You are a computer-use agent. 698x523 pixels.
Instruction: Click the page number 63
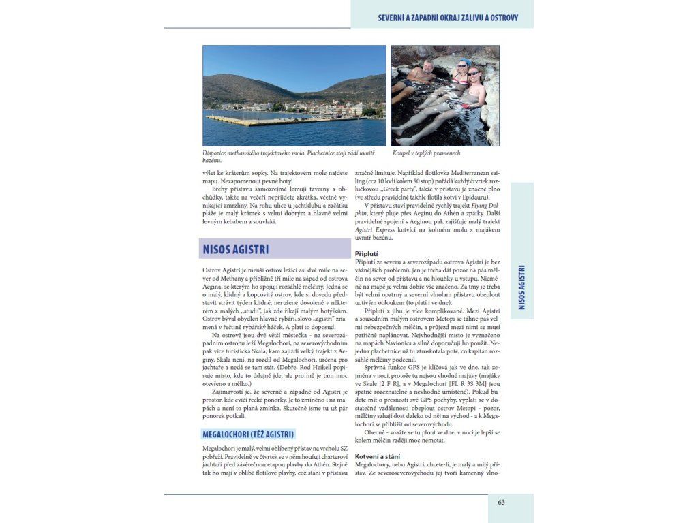point(501,503)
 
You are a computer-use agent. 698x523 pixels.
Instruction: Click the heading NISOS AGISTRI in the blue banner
point(236,249)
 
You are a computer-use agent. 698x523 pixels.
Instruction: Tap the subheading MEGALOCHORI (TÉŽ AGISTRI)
point(248,434)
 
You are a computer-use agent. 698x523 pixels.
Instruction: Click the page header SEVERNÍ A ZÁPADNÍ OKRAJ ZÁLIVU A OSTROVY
point(448,18)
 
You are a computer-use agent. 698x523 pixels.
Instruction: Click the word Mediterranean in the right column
point(470,179)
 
